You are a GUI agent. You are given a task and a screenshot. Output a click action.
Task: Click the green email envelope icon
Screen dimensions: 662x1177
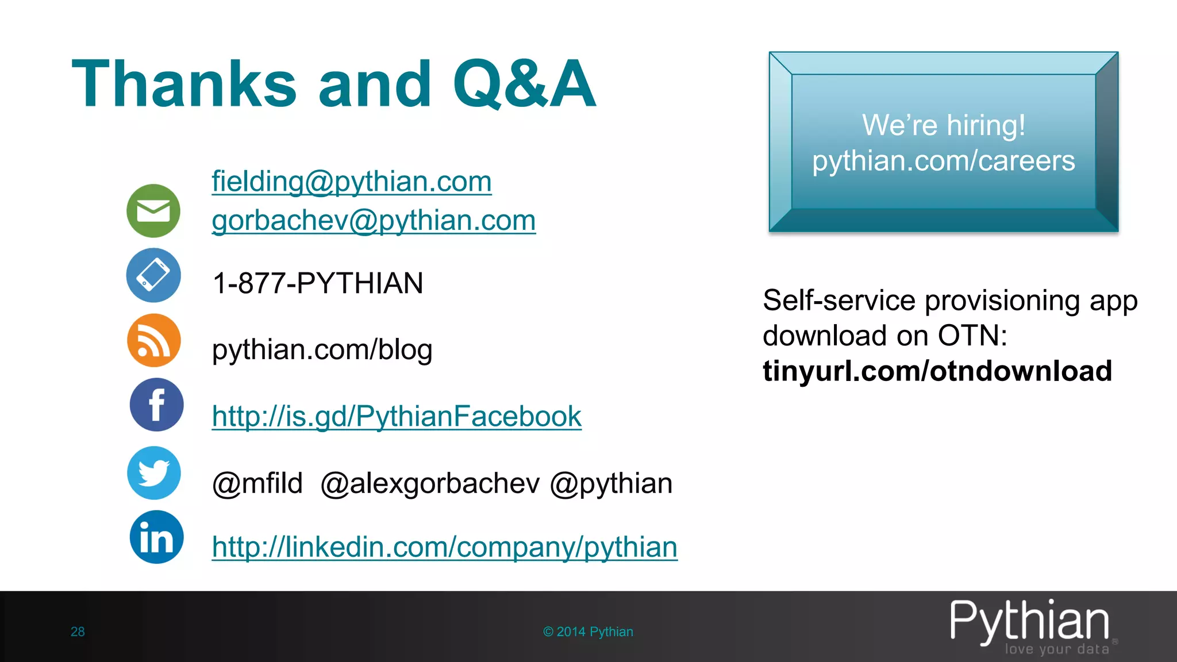[153, 211]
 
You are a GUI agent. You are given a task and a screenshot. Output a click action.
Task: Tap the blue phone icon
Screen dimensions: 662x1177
[153, 275]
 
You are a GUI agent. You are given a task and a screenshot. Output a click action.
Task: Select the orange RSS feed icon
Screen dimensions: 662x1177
[153, 340]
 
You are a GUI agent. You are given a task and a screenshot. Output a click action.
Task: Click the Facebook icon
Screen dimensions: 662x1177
[156, 405]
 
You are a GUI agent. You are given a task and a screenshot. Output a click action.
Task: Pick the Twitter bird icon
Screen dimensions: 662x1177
[153, 473]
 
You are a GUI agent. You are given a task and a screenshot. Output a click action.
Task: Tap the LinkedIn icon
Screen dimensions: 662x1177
[156, 537]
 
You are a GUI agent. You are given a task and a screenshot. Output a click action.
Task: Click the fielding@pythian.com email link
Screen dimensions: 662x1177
[351, 182]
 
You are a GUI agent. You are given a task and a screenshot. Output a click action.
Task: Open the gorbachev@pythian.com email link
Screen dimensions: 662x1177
[374, 220]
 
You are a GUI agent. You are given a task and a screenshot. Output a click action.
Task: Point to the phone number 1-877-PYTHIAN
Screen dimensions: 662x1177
[317, 283]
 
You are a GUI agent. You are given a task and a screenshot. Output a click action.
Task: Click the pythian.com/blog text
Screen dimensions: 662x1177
[322, 349]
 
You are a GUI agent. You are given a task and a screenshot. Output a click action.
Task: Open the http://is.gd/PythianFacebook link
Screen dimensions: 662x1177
[397, 416]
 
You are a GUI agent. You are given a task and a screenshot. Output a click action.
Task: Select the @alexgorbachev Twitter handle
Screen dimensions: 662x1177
[430, 483]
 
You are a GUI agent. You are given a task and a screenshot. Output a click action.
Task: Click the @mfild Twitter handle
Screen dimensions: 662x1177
[257, 483]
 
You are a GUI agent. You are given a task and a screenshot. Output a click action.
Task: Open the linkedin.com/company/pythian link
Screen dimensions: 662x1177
[444, 546]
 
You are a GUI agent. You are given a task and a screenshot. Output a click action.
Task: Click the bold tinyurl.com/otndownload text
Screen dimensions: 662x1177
[937, 371]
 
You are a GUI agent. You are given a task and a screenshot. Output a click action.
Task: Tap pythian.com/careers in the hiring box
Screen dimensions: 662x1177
[943, 161]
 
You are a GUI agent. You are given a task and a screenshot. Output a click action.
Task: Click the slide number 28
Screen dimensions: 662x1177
[78, 632]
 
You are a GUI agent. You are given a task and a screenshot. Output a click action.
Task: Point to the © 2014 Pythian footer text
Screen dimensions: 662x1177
[588, 632]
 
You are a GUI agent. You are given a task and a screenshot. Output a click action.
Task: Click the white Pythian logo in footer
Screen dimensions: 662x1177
[1029, 622]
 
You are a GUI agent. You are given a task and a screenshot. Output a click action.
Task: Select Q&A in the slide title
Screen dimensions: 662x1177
[524, 84]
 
